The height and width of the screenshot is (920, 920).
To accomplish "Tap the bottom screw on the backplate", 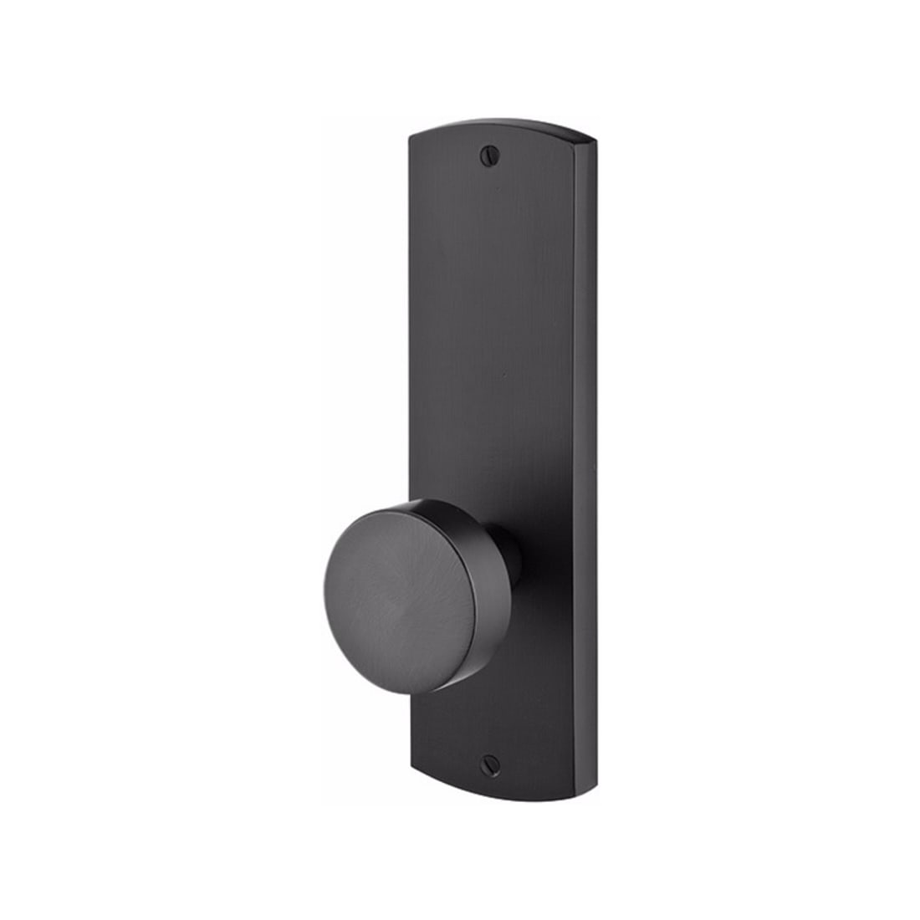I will coord(490,739).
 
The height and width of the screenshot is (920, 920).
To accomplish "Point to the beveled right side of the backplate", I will coord(593,460).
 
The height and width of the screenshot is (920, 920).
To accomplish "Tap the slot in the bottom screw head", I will coord(490,739).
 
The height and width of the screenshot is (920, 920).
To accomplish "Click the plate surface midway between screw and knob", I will coord(493,335).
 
